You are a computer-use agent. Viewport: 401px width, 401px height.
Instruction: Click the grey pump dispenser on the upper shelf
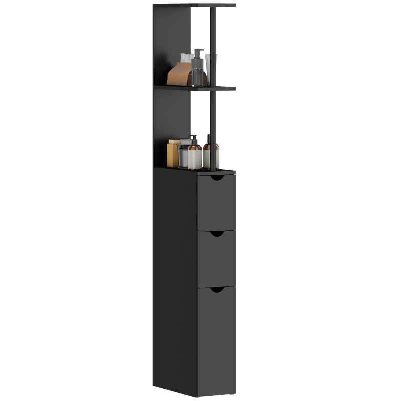[197, 72]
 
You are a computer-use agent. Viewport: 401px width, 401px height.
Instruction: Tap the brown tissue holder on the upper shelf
[180, 75]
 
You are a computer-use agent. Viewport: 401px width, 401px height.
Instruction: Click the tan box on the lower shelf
[173, 154]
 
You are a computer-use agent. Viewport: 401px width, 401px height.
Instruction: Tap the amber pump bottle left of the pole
[194, 155]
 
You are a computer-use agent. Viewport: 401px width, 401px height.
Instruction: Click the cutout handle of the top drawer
[217, 177]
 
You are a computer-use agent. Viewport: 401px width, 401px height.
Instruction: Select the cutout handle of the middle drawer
[217, 234]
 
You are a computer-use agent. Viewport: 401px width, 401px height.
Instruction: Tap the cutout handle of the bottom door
[217, 289]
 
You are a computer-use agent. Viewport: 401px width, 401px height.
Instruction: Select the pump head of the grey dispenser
[198, 52]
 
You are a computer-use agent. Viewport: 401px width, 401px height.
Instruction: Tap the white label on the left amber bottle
[194, 160]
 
